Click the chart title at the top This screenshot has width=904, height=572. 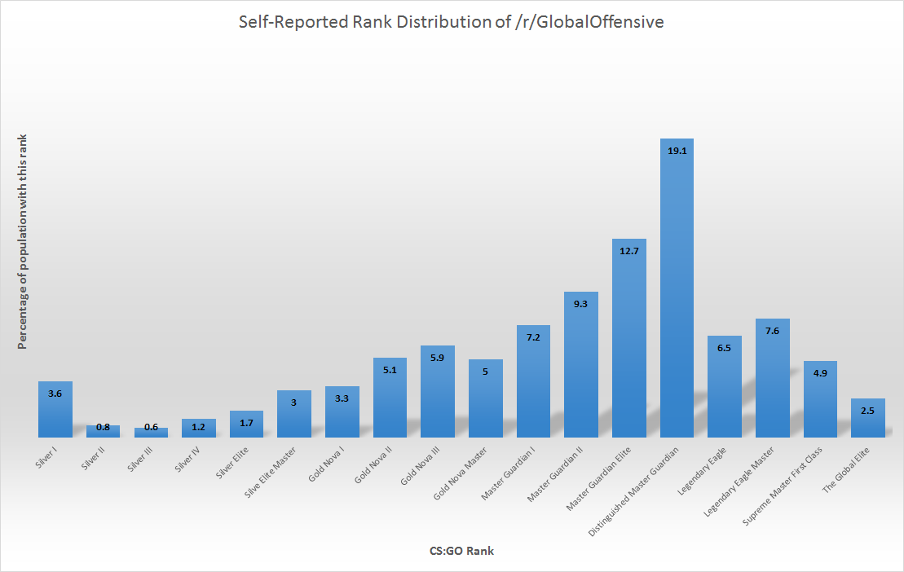451,22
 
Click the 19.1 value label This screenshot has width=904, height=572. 677,151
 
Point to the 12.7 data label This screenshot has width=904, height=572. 628,251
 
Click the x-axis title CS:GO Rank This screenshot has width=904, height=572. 461,551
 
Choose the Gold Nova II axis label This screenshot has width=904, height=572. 374,462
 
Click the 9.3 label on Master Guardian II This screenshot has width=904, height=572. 581,304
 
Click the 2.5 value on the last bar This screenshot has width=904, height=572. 867,411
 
